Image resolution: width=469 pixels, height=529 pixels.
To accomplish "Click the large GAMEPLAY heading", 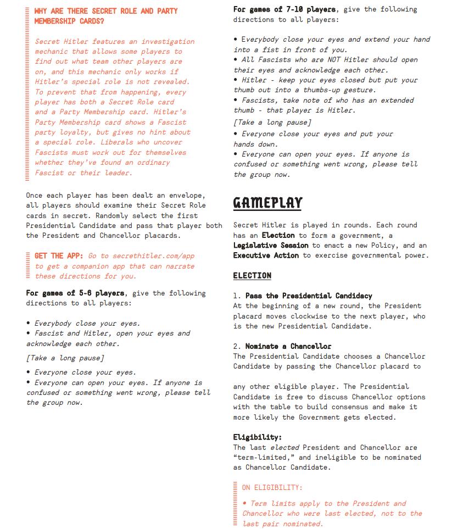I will tap(267, 203).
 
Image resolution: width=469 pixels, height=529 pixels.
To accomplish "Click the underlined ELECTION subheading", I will tap(252, 276).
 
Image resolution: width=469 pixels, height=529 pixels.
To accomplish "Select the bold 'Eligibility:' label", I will tap(257, 437).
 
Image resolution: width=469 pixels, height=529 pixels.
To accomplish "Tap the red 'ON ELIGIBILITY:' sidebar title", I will tap(272, 487).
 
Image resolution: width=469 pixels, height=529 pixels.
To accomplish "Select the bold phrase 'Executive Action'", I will tap(266, 255).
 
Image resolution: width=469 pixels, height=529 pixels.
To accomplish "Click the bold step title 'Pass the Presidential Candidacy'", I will tap(309, 296).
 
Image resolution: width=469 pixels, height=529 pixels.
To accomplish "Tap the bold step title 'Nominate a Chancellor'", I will tap(288, 346).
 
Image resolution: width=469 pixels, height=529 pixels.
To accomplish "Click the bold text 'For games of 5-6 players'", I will tap(75, 293).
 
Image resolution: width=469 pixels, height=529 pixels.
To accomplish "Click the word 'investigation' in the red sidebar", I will tap(168, 42).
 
